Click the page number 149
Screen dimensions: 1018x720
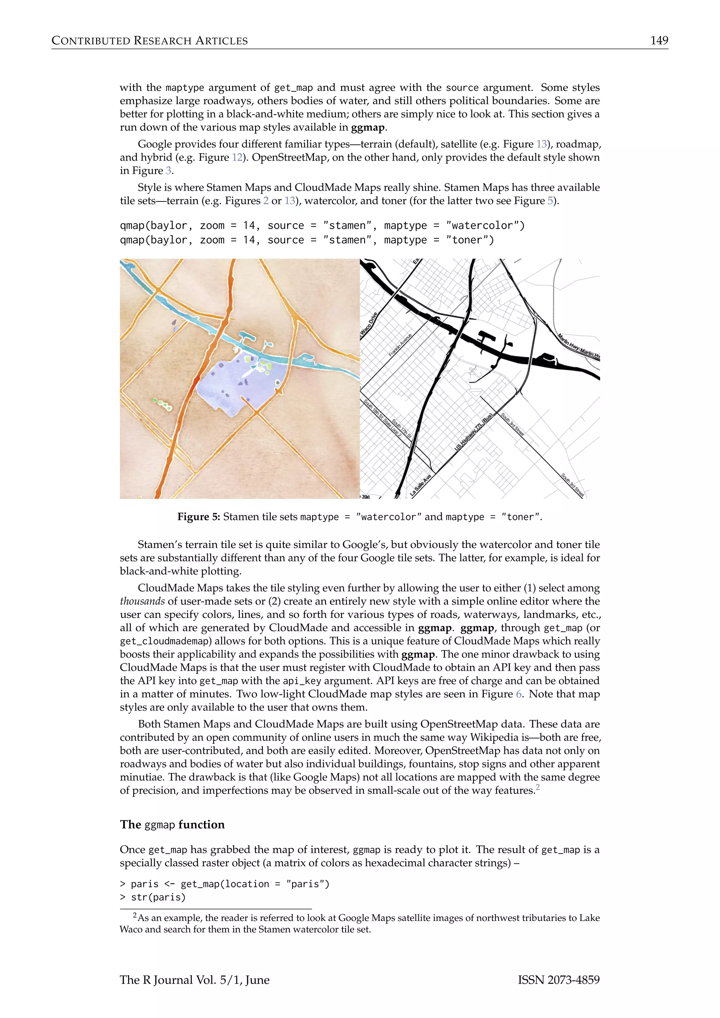(x=659, y=40)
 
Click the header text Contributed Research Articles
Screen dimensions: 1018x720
(x=149, y=41)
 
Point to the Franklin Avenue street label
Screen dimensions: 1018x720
(x=400, y=345)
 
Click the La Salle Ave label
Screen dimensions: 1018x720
(x=420, y=485)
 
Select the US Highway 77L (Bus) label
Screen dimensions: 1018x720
(x=474, y=432)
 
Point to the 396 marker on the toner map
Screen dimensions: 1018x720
(x=365, y=497)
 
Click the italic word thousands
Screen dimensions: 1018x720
(x=142, y=601)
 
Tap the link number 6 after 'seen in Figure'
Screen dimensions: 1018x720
(x=519, y=694)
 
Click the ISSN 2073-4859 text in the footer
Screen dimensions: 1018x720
(x=559, y=980)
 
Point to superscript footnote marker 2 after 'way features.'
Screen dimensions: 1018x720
(x=538, y=787)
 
